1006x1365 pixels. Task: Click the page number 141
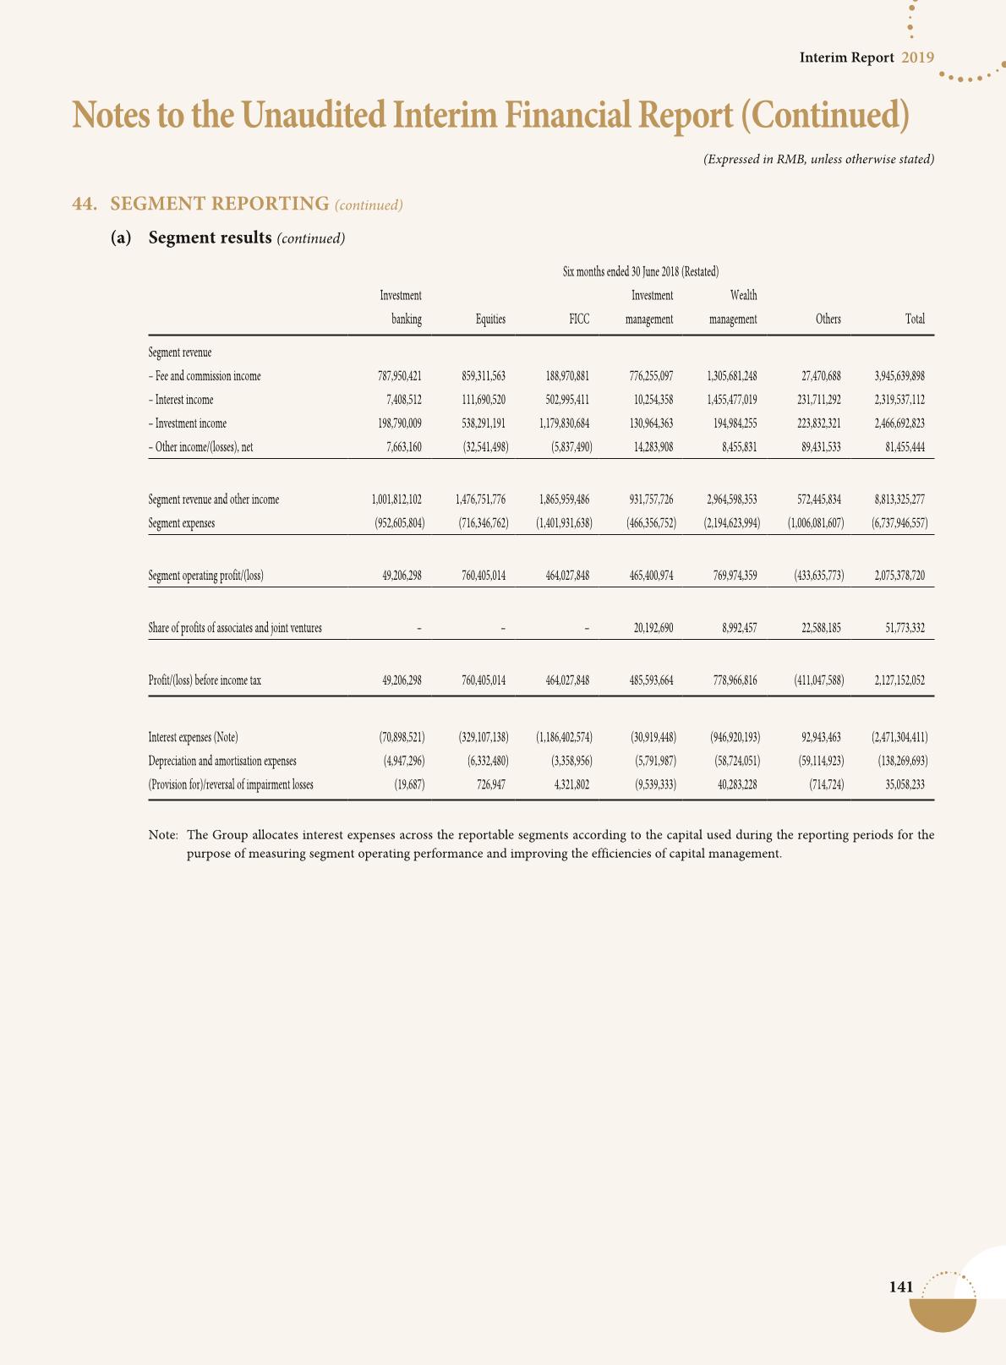(x=901, y=1287)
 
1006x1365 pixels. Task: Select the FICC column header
(x=579, y=319)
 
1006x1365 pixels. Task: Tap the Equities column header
(x=490, y=319)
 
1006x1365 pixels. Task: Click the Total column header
(x=915, y=319)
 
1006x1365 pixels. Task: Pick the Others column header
(x=828, y=319)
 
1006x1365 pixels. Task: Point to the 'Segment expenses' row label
(x=181, y=523)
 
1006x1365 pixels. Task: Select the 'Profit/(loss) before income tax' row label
(x=204, y=680)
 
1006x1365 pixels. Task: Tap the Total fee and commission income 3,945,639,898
(x=899, y=376)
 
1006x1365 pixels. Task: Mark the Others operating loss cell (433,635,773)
(x=815, y=576)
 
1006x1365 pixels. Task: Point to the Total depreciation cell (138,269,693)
(x=902, y=761)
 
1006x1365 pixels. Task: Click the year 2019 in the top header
(x=917, y=57)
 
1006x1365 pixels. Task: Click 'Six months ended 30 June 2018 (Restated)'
(x=640, y=272)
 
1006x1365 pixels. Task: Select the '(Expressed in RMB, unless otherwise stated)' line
(x=818, y=159)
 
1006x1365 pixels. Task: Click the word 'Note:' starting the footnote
(x=163, y=835)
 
